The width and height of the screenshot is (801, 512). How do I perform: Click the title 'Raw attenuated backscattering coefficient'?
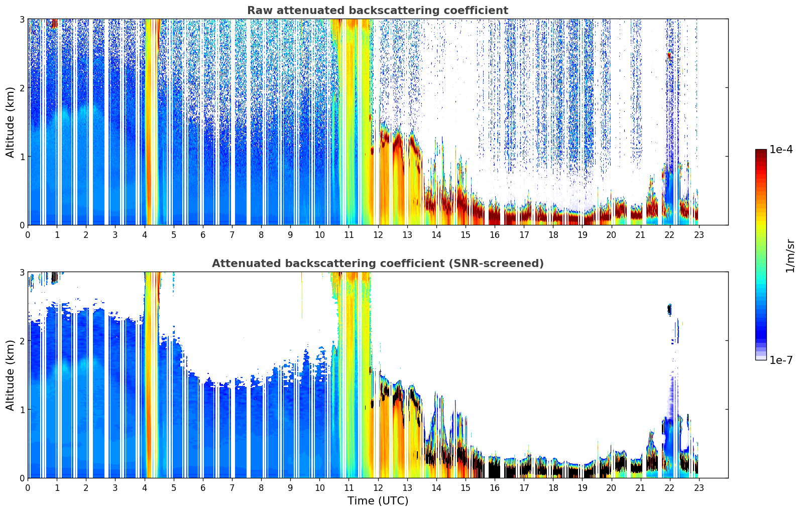tap(377, 11)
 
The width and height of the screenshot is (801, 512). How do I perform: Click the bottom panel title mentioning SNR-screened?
tap(377, 264)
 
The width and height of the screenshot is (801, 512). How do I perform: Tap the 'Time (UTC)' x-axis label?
tap(378, 501)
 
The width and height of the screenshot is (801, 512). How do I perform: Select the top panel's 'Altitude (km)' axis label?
tap(11, 122)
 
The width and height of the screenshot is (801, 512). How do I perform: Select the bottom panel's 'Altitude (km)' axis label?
tap(11, 375)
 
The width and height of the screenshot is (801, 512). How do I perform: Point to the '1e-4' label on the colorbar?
tap(781, 150)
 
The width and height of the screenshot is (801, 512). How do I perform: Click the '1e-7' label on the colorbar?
tap(781, 360)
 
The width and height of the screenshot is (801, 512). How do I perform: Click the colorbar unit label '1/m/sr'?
tap(790, 255)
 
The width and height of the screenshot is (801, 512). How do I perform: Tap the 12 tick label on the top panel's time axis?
tap(378, 235)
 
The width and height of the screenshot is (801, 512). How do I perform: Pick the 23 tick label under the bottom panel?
tap(699, 488)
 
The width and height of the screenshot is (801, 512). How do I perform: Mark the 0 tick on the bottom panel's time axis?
tap(28, 488)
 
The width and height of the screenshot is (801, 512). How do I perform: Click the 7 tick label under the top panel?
tap(232, 235)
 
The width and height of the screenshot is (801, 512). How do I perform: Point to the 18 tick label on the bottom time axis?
tap(553, 488)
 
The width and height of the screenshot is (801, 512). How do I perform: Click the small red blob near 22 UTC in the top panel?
tap(669, 57)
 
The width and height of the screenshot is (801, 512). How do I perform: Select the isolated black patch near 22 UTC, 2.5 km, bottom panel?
tap(669, 309)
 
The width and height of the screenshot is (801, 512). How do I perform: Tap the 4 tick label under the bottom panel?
tap(145, 488)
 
